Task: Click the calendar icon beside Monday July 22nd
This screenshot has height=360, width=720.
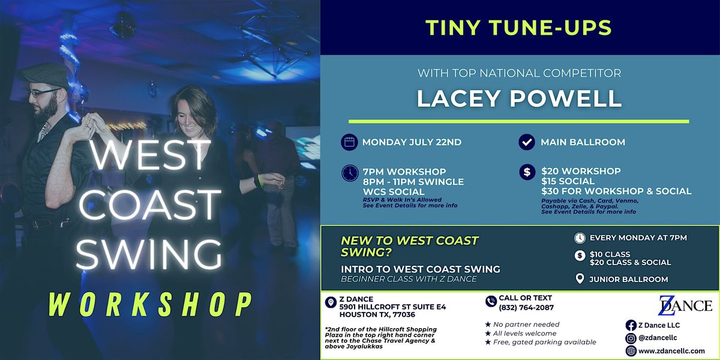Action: point(349,143)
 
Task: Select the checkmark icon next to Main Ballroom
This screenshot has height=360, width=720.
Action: point(526,143)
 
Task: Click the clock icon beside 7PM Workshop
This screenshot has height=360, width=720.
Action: point(349,173)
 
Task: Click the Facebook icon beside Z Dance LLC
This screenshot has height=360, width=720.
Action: point(631,325)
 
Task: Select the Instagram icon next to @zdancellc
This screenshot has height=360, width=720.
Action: point(631,338)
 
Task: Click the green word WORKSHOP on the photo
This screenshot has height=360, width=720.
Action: point(149,304)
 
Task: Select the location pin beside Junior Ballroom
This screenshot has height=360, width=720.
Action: point(579,279)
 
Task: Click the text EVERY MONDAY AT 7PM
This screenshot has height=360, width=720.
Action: point(638,238)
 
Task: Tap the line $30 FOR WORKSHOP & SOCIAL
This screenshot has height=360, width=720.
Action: point(616,191)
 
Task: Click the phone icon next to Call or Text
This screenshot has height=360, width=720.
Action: point(491,302)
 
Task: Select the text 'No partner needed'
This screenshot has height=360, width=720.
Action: point(517,325)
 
